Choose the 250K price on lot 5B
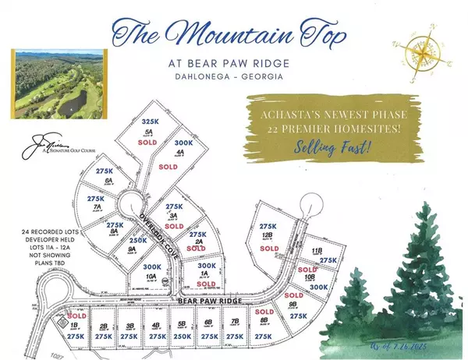click(x=183, y=336)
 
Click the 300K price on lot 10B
click(x=318, y=287)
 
